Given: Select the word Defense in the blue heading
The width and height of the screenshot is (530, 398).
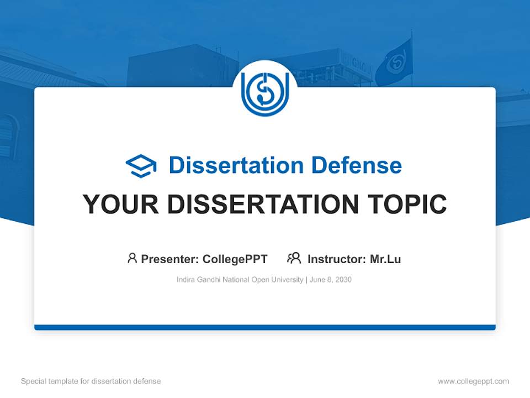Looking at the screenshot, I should point(356,165).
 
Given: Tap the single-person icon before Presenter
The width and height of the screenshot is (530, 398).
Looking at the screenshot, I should point(132,258).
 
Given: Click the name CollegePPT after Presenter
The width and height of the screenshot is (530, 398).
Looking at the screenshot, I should point(235,259).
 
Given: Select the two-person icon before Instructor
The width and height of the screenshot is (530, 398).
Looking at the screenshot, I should point(294,258).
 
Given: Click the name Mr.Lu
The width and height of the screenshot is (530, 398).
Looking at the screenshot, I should point(385,259).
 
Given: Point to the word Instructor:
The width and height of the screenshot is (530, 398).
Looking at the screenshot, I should point(336,259).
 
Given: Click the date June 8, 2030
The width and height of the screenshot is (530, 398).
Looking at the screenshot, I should point(330,280).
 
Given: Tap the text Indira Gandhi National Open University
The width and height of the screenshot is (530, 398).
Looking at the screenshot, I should point(240,280).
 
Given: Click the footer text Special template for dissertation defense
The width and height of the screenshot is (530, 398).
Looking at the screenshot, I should point(91,381).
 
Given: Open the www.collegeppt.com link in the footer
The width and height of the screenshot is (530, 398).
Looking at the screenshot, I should point(473,381).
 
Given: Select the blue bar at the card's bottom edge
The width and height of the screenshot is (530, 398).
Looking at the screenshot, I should point(265,327).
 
